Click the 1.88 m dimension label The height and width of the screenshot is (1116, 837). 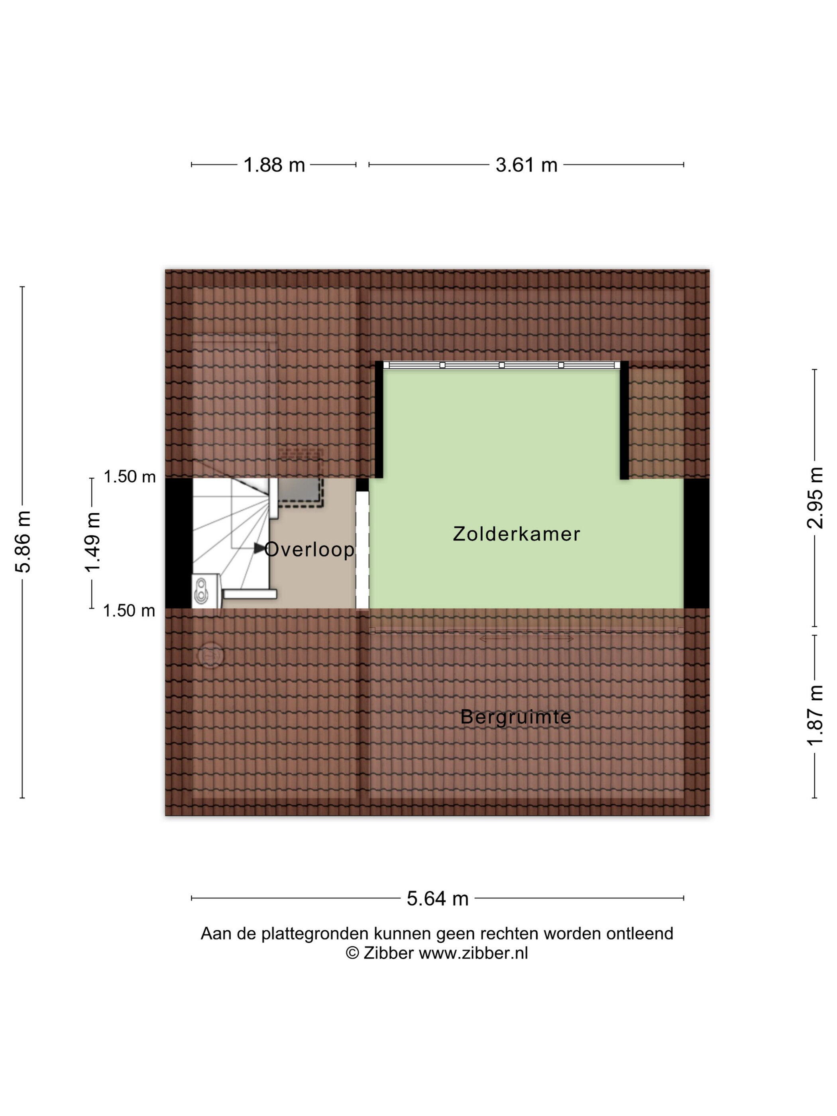pyautogui.click(x=274, y=165)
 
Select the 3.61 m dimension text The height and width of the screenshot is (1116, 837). pyautogui.click(x=526, y=165)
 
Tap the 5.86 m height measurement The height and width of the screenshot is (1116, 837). pyautogui.click(x=23, y=541)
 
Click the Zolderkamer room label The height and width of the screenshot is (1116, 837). pyautogui.click(x=517, y=534)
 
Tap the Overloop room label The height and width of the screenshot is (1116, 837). pyautogui.click(x=309, y=549)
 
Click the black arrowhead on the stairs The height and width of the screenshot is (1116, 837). pyautogui.click(x=260, y=548)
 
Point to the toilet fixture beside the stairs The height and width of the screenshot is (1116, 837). pyautogui.click(x=206, y=590)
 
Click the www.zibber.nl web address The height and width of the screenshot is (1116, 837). pyautogui.click(x=473, y=953)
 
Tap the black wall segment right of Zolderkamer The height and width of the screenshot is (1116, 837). pyautogui.click(x=696, y=543)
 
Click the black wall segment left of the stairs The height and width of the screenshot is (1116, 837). pyautogui.click(x=179, y=543)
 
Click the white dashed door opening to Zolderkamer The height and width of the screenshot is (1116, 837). pyautogui.click(x=362, y=550)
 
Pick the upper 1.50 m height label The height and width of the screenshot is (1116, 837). pyautogui.click(x=130, y=476)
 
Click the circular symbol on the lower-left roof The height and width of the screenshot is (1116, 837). pyautogui.click(x=210, y=655)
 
